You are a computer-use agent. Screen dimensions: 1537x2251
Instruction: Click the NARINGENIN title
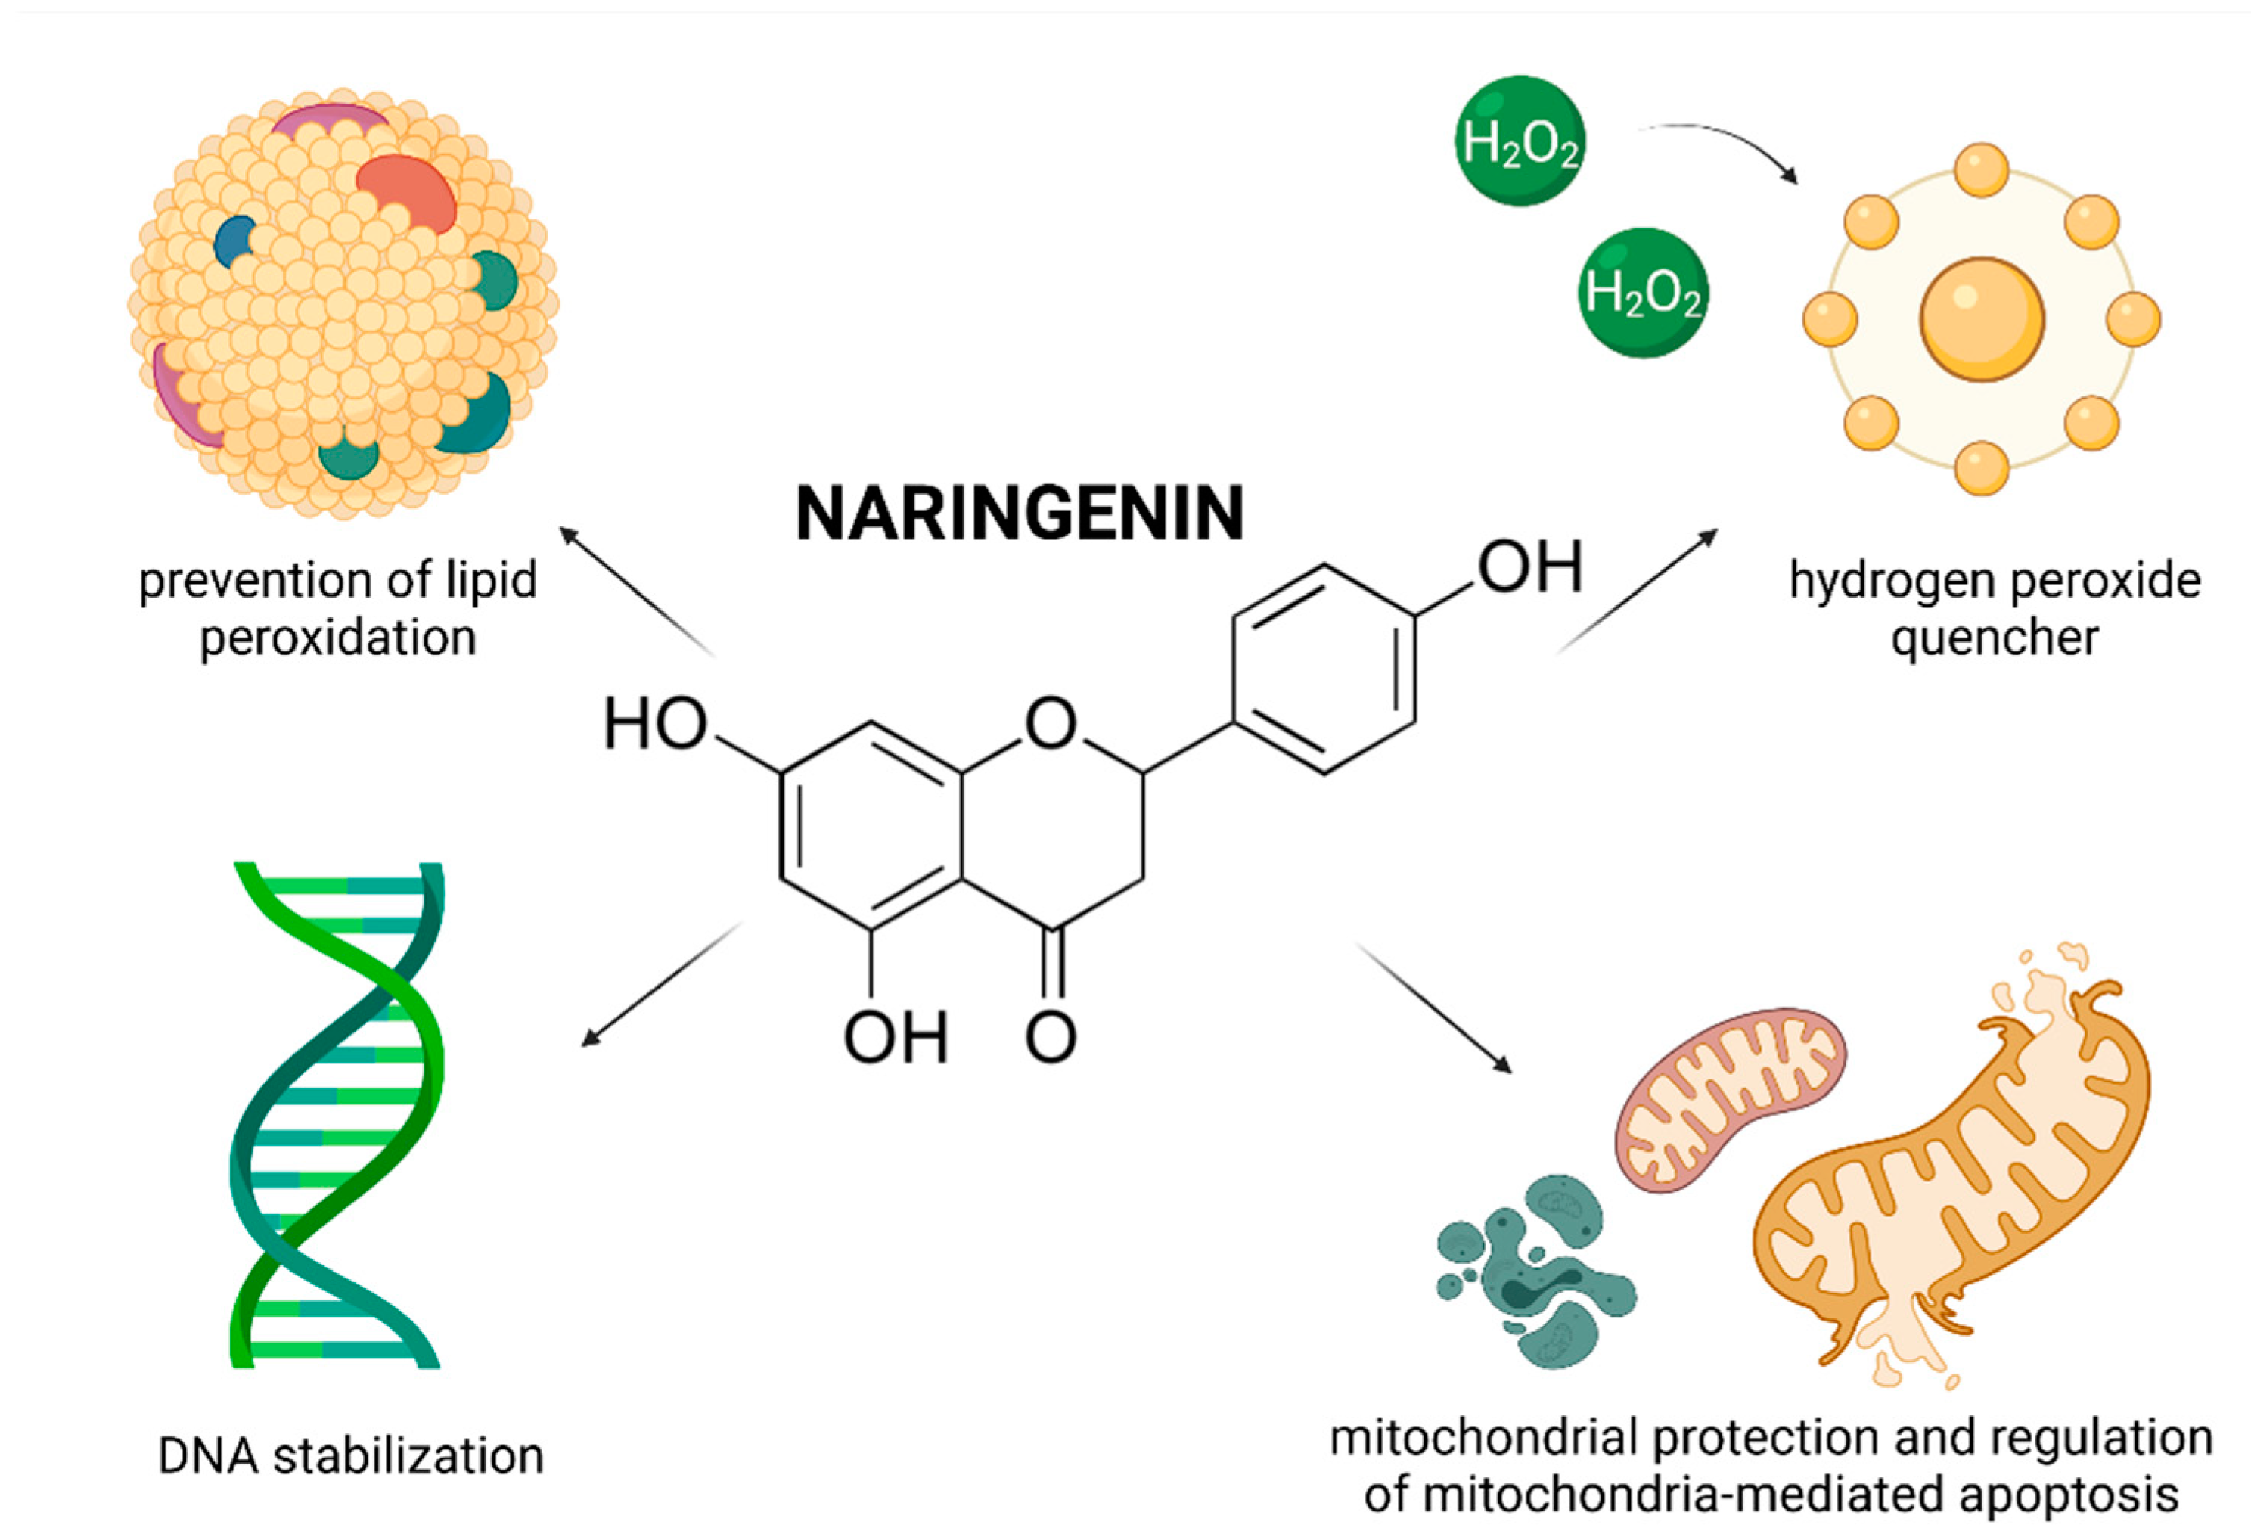1019,514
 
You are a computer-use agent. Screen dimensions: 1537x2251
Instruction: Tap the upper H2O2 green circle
1520,141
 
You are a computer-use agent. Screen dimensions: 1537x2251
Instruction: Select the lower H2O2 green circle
1643,293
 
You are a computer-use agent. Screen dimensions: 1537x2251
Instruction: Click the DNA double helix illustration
337,1113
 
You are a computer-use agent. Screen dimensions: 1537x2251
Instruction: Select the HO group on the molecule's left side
656,725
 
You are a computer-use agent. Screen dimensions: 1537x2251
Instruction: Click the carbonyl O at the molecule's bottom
1051,1037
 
